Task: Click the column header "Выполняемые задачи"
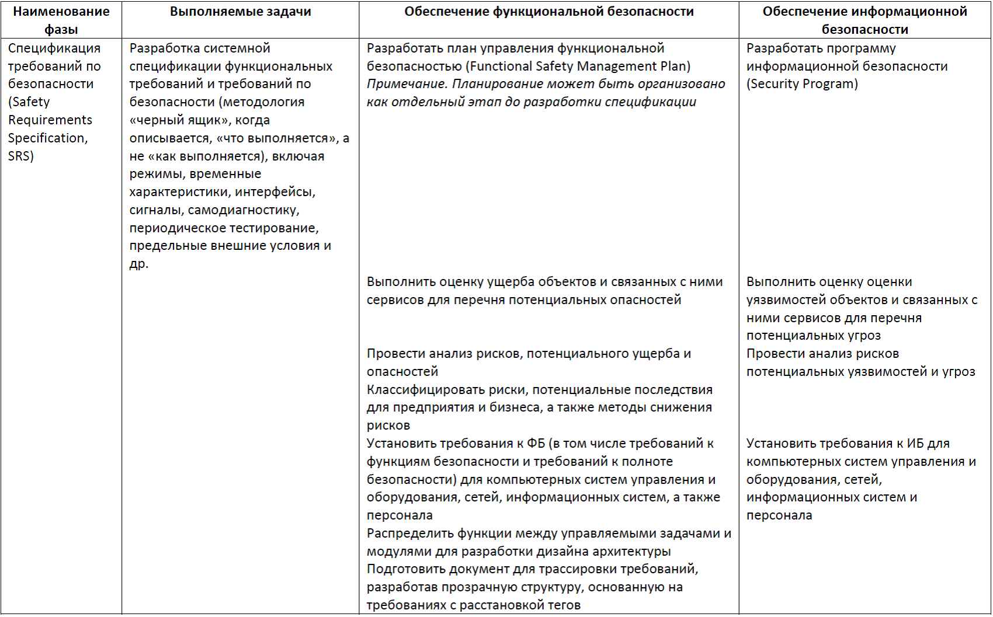(240, 12)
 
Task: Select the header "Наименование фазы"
(61, 20)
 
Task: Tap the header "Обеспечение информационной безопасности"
(864, 20)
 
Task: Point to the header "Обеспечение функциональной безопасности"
(548, 12)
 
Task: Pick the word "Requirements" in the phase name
(50, 120)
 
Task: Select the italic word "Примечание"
(407, 84)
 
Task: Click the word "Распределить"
(409, 534)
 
